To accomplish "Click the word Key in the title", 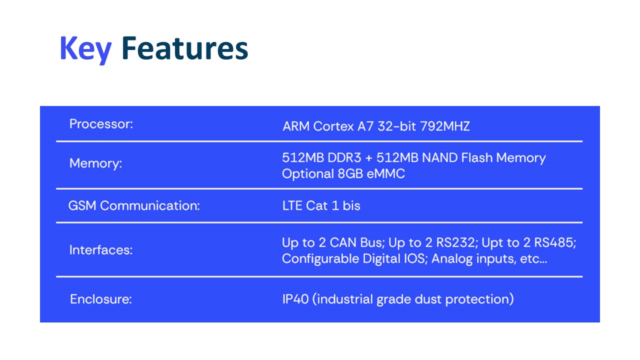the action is (85, 49).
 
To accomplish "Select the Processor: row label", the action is (101, 124).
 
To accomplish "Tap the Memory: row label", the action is (95, 163).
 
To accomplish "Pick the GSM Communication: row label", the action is (134, 205).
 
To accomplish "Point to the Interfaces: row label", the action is (101, 250).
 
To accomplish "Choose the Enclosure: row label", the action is (101, 299).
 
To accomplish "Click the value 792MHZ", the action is (445, 126).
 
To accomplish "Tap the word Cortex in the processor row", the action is (333, 126).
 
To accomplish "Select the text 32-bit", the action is (397, 126).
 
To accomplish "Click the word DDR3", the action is (344, 157).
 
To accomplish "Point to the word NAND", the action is (439, 157).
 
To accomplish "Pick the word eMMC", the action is (385, 173).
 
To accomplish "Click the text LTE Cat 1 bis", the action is (321, 205).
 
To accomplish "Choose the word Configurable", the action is (320, 259).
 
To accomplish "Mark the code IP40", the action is (295, 299).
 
